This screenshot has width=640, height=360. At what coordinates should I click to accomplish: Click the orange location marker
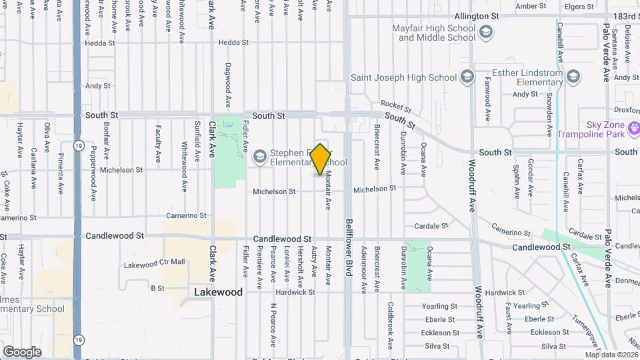(x=320, y=159)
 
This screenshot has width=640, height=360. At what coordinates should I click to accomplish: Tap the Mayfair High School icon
(x=487, y=31)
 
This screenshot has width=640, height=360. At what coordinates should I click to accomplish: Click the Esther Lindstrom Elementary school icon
(x=573, y=77)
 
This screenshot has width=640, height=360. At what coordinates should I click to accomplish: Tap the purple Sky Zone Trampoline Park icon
(x=633, y=127)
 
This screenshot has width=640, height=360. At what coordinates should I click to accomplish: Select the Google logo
(x=22, y=351)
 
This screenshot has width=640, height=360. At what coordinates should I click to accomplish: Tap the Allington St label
(x=476, y=16)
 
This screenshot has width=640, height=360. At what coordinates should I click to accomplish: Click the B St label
(x=157, y=288)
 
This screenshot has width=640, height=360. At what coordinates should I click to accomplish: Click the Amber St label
(x=531, y=6)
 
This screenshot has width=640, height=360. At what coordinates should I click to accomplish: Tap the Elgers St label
(x=578, y=6)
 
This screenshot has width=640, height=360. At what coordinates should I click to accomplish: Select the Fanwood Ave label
(x=487, y=93)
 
